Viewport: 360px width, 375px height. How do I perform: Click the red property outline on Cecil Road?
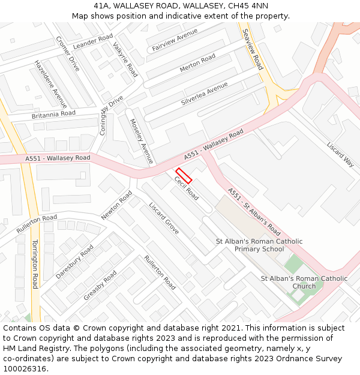(184, 175)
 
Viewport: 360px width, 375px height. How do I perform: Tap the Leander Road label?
(93, 41)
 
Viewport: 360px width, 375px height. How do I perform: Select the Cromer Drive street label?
(67, 53)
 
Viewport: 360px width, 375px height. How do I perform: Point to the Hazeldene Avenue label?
(50, 83)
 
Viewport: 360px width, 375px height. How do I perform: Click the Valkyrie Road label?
(125, 62)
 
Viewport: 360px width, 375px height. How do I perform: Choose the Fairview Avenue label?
(175, 39)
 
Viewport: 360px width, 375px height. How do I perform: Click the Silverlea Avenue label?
(204, 95)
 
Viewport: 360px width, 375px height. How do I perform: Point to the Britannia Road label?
(53, 114)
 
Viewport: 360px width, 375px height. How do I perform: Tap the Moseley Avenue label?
(142, 142)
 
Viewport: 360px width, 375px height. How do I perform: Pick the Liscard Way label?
(340, 154)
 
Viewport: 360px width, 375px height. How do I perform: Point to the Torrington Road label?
(34, 264)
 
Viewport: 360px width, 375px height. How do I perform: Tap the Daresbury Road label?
(74, 261)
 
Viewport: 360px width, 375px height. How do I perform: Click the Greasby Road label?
(100, 285)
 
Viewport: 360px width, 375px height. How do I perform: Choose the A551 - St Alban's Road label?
(254, 211)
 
